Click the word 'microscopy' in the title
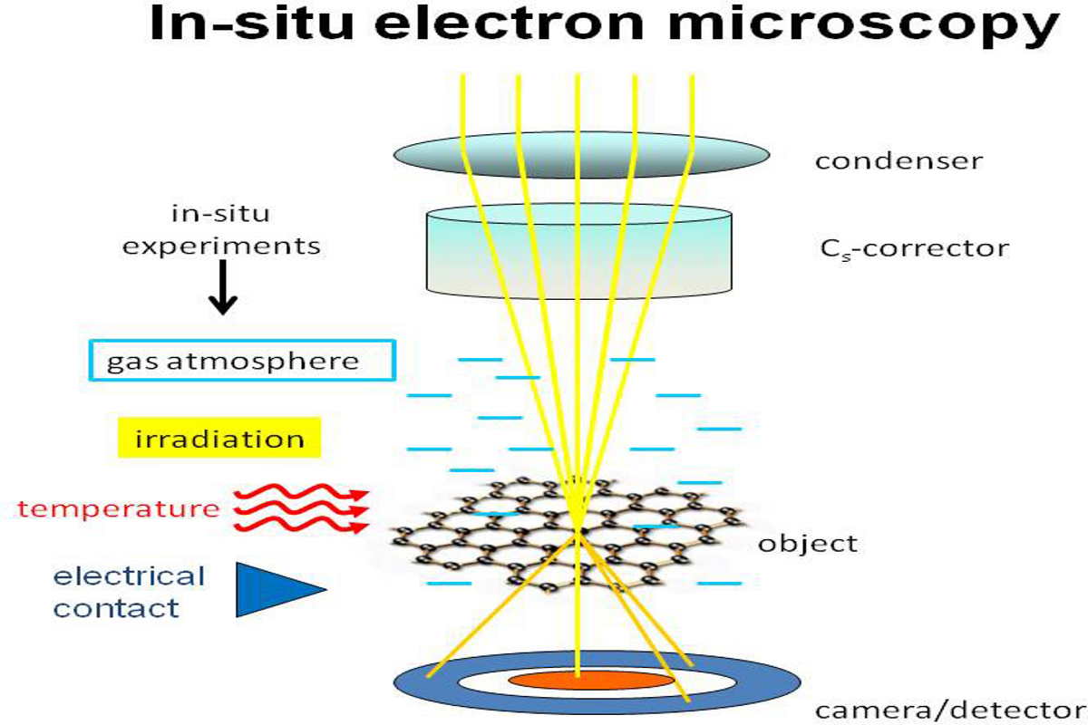click(863, 24)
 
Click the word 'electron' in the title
click(510, 23)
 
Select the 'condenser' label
click(899, 161)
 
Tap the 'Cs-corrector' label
click(915, 249)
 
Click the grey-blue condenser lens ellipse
click(581, 155)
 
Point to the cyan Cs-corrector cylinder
click(579, 250)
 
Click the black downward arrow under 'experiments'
click(223, 287)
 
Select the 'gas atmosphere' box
click(242, 361)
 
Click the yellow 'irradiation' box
click(219, 438)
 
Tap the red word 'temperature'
click(119, 509)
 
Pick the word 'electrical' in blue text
click(129, 576)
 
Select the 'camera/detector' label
click(950, 711)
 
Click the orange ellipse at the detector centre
click(591, 681)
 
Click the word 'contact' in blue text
click(116, 608)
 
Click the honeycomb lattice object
click(569, 535)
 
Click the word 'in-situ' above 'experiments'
click(220, 214)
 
